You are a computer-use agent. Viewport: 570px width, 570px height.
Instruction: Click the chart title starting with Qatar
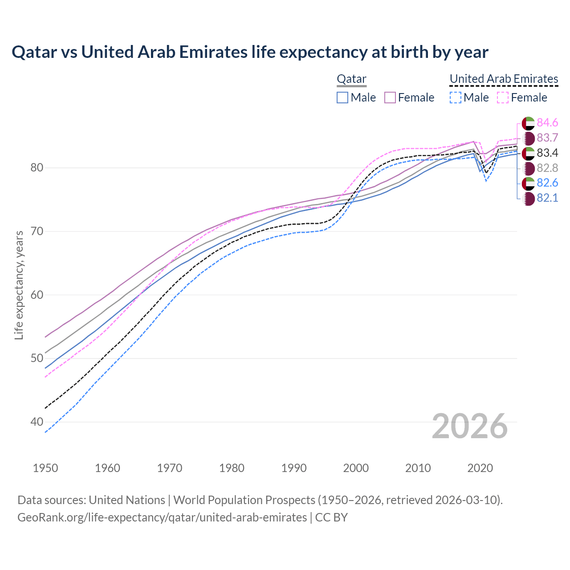coord(250,52)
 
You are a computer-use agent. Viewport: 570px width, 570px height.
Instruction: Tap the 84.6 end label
coord(547,122)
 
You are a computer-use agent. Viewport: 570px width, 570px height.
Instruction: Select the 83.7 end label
coord(547,138)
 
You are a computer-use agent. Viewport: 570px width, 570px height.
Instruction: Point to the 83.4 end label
coord(547,153)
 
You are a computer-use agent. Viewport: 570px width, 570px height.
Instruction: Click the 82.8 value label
coord(547,168)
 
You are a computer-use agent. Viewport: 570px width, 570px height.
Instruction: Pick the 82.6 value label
coord(547,183)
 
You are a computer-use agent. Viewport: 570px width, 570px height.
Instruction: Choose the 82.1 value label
coord(547,198)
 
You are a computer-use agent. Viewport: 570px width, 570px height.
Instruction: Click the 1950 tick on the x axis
coord(46,468)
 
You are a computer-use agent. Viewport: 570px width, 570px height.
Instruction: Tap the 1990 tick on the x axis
coord(294,468)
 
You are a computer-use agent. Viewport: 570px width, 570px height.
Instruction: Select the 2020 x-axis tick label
coord(480,468)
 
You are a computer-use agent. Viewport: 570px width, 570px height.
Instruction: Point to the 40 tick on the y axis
coord(37,422)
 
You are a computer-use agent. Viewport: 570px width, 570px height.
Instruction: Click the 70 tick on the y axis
coord(37,232)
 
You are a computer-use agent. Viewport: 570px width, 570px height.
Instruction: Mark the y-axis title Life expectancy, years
coord(19,285)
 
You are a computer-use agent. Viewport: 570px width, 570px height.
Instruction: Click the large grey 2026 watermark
coord(470,426)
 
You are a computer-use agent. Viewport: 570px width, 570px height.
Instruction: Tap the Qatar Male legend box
coord(342,98)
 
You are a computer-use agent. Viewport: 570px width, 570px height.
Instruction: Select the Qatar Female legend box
coord(390,98)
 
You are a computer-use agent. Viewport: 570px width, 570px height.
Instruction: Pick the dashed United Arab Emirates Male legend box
coord(455,98)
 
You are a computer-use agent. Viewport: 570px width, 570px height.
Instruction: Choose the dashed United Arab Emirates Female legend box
coord(503,98)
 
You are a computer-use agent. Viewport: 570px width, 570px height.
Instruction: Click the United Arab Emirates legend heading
coord(504,79)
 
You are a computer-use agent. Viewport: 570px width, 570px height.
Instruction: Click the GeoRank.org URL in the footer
coord(162,517)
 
